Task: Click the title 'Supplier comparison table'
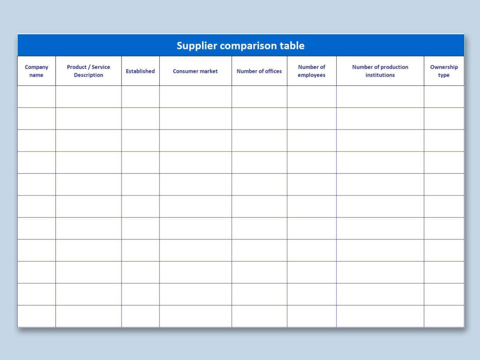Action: point(241,46)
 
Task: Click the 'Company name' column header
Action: point(37,71)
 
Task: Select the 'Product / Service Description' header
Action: point(88,71)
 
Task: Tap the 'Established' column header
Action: point(140,71)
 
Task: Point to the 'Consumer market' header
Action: point(195,71)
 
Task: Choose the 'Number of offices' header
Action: point(259,71)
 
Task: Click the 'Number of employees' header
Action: point(312,71)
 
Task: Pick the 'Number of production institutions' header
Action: point(380,71)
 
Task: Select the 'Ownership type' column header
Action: point(444,71)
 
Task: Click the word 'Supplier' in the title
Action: point(197,46)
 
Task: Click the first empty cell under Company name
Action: point(37,96)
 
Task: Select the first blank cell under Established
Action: point(140,96)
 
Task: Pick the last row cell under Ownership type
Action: point(444,316)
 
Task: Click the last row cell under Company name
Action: point(37,316)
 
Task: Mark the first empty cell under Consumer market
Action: point(195,96)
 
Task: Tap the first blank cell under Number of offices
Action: point(259,96)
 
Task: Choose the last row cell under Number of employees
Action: point(312,316)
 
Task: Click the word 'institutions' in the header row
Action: point(380,75)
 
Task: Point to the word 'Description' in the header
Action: point(88,75)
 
